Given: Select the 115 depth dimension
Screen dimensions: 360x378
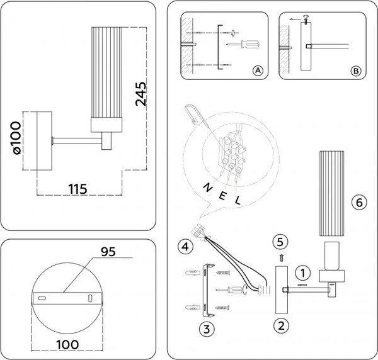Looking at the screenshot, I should [x=76, y=188].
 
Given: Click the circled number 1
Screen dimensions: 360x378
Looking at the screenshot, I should [x=303, y=273].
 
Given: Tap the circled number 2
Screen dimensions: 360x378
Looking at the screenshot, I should [x=280, y=325].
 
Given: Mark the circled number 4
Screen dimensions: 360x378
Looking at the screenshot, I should [x=184, y=245].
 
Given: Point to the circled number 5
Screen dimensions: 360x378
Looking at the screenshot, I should [x=281, y=241].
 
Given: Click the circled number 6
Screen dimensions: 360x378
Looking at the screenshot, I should [x=358, y=203].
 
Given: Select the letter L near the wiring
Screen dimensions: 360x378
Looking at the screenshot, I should [x=238, y=200].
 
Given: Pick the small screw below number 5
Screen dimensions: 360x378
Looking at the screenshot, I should [x=282, y=257].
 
